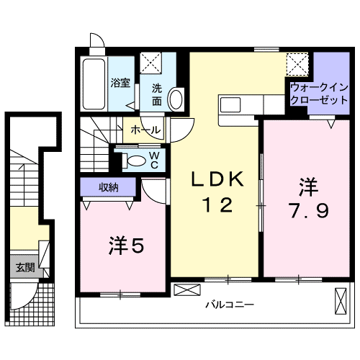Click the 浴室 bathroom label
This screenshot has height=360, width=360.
click(x=120, y=82)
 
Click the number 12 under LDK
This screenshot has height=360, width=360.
click(x=216, y=206)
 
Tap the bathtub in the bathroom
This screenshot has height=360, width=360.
click(x=94, y=83)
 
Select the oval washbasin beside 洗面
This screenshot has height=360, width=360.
click(x=176, y=99)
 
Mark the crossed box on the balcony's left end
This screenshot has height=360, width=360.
click(x=184, y=290)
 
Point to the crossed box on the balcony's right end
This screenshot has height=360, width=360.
click(x=340, y=300)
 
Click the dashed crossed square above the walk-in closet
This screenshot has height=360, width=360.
click(x=297, y=65)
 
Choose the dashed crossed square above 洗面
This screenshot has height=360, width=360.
click(x=152, y=63)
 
